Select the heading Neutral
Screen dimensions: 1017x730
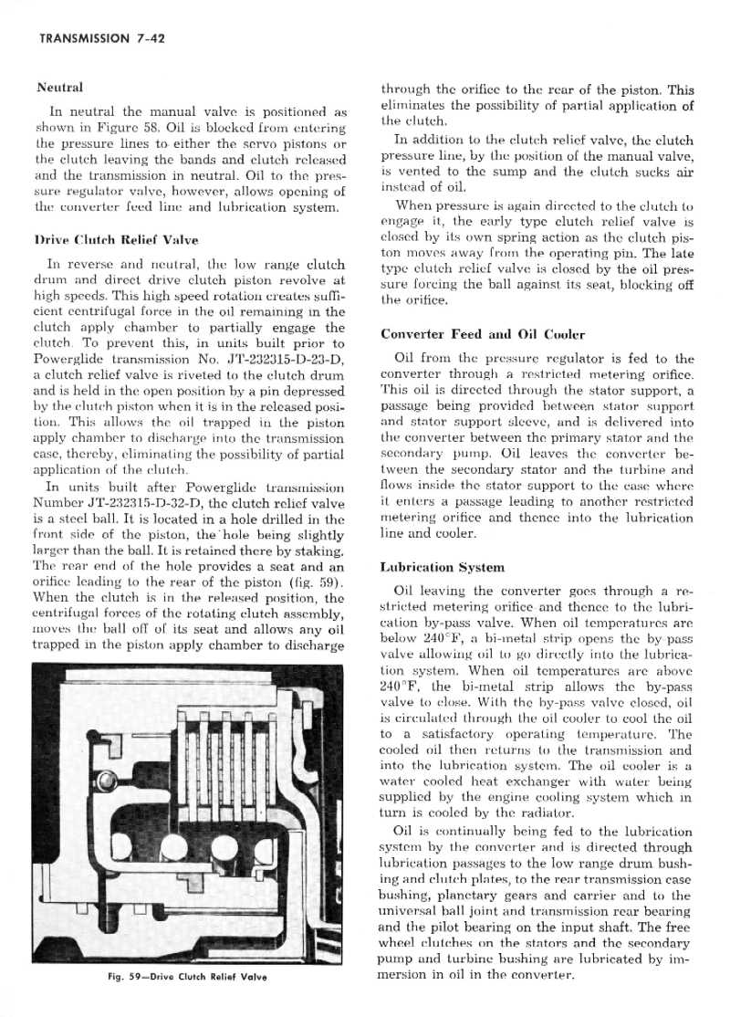coord(59,88)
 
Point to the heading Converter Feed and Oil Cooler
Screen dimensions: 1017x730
coord(482,334)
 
